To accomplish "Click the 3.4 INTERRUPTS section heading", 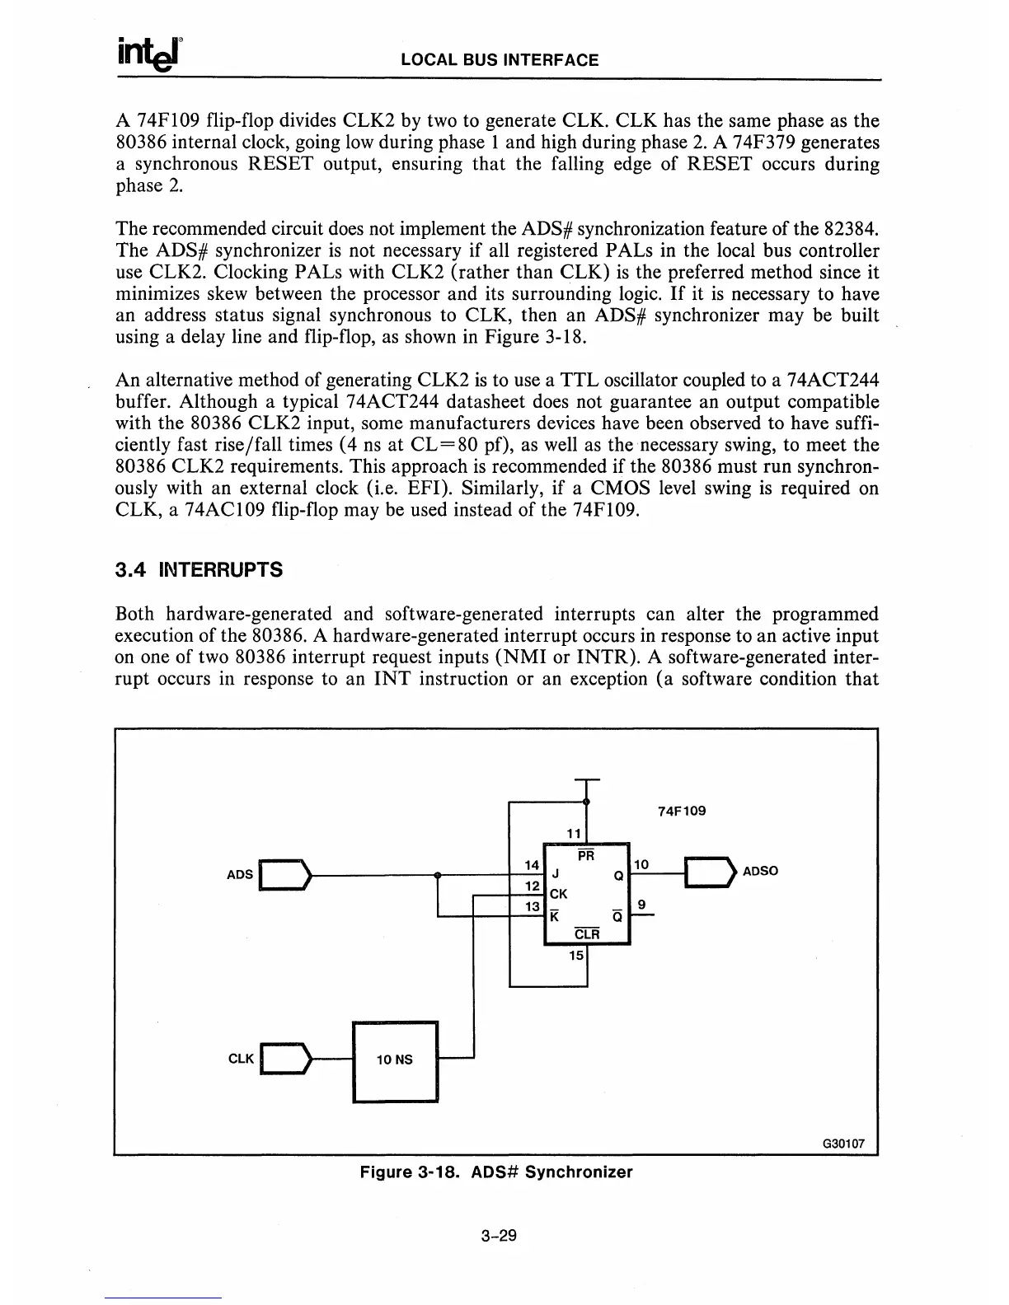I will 199,569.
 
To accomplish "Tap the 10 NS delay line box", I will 395,1060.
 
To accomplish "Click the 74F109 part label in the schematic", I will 682,811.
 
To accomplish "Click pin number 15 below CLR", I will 577,956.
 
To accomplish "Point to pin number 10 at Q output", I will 642,864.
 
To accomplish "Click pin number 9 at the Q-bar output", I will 642,905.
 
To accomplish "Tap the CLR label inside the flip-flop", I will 586,934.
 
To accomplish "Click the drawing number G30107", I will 843,1144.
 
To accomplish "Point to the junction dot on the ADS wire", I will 438,874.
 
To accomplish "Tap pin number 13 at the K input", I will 532,906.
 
